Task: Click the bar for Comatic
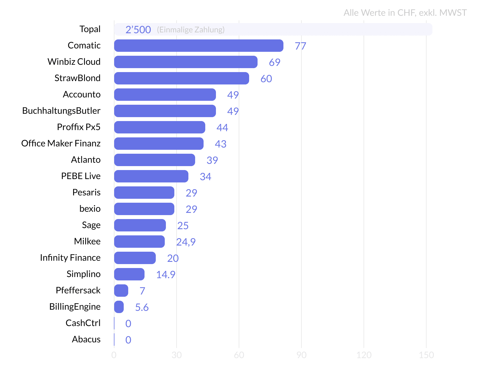(x=199, y=46)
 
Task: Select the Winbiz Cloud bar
(x=186, y=62)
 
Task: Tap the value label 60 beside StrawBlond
(x=266, y=79)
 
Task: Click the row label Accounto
(x=82, y=95)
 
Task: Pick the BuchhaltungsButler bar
(x=165, y=111)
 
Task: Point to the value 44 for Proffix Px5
(x=222, y=128)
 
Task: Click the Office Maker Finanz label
(x=61, y=144)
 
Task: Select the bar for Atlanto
(x=154, y=160)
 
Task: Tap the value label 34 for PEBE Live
(x=205, y=177)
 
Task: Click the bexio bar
(x=144, y=209)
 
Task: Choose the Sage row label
(x=91, y=225)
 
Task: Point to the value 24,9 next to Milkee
(x=186, y=242)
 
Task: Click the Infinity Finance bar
(x=135, y=258)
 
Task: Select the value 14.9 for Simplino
(x=166, y=275)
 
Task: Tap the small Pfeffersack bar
(x=121, y=291)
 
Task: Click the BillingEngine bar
(x=119, y=307)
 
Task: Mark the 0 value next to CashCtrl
(x=128, y=324)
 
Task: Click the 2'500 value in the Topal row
(x=138, y=30)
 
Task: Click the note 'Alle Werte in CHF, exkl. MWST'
(x=405, y=13)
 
